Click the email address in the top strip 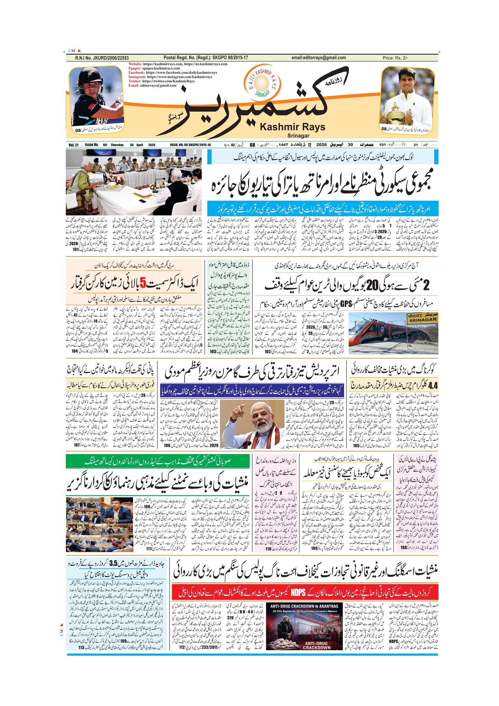318,58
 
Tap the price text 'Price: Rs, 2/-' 395,58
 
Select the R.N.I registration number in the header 102,58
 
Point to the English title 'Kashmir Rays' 292,127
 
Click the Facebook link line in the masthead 173,73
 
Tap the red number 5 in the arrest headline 143,283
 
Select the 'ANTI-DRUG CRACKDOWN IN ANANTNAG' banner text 304,606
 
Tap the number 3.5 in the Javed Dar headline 114,563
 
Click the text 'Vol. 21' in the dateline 73,145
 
